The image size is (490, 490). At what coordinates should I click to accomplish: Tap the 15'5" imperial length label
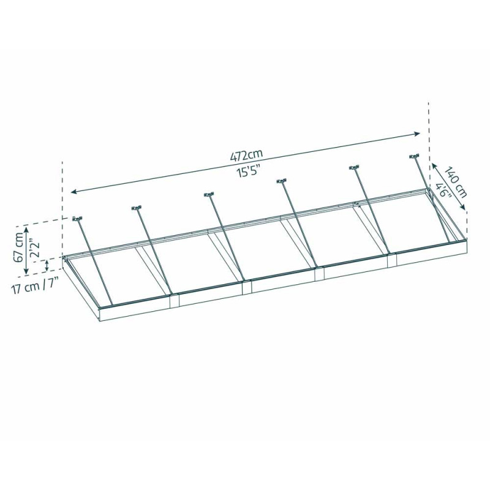249,171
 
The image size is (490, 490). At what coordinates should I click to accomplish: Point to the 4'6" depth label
443,191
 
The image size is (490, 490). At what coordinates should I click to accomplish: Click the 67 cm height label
19,246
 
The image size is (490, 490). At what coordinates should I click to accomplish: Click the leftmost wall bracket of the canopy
77,218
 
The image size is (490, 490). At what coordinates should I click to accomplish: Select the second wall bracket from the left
136,208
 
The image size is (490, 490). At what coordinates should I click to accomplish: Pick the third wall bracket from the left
209,195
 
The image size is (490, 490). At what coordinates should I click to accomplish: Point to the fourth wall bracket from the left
281,181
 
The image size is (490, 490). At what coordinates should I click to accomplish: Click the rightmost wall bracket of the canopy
414,157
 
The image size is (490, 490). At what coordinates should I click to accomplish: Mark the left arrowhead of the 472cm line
73,192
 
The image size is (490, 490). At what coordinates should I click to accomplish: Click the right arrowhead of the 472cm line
418,133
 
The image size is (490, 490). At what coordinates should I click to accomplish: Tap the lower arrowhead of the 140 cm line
464,210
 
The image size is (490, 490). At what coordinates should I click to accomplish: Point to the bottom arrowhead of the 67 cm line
26,272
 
